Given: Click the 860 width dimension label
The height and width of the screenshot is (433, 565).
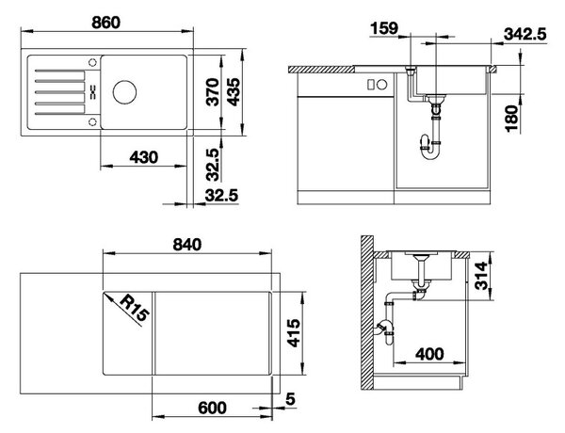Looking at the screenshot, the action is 105,23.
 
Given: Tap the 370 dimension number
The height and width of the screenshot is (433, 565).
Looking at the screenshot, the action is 214,92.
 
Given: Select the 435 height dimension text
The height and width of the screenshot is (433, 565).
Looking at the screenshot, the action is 234,92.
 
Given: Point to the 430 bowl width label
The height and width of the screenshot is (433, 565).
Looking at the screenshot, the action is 143,157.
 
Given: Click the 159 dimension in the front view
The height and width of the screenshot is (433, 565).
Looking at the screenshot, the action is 384,28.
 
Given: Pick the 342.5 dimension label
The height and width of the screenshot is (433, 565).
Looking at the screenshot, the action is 525,34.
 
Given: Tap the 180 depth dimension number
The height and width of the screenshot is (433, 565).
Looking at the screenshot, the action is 511,119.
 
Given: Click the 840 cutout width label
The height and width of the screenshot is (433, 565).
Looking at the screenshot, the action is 187,245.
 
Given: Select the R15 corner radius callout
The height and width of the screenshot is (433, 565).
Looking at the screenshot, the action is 134,308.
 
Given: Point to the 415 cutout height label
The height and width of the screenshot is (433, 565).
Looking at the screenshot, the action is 294,333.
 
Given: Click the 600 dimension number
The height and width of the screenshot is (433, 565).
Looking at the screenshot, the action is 212,408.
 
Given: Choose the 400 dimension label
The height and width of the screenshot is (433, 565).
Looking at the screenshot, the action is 430,354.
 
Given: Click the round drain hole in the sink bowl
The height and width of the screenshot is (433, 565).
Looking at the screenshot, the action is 124,92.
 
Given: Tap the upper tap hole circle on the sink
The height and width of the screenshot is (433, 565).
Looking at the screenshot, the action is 93,63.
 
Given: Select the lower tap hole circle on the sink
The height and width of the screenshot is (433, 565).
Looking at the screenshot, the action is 93,121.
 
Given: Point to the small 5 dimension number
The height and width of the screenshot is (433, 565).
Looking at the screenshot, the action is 290,399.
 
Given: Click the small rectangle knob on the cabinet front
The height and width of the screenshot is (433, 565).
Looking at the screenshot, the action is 370,85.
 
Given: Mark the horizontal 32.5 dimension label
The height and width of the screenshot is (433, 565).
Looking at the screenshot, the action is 221,195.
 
